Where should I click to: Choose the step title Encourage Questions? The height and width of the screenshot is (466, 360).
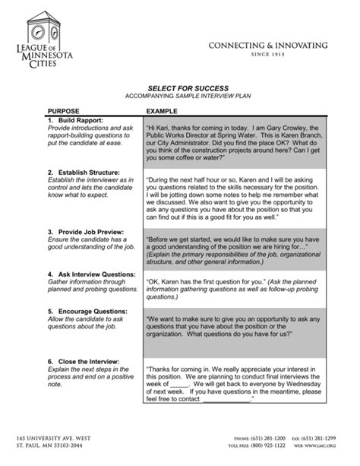(x=85, y=312)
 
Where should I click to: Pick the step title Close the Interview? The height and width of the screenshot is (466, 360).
(x=84, y=361)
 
